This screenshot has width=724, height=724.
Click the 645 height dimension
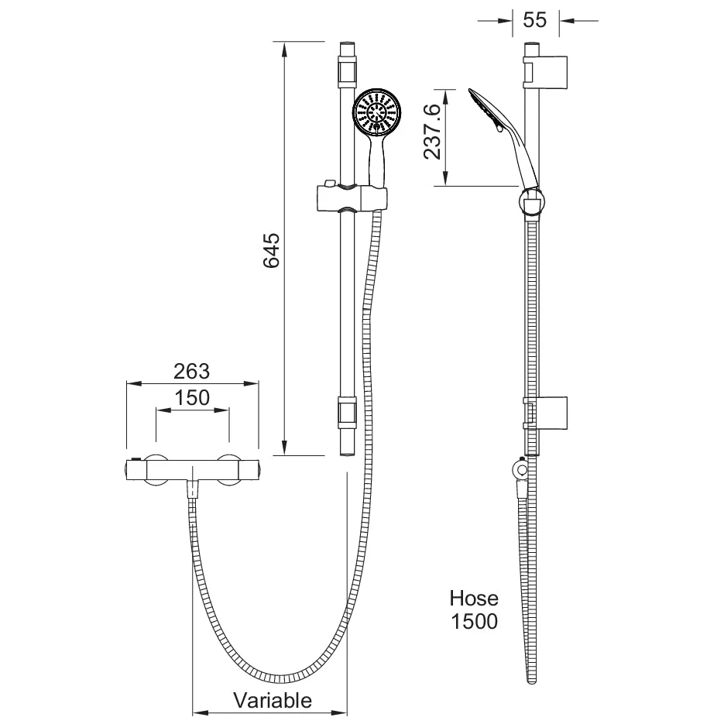(272, 249)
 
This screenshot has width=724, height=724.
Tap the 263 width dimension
(192, 371)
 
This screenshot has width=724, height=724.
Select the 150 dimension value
(192, 398)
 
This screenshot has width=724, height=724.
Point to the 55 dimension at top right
(535, 19)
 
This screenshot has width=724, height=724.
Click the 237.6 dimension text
(434, 132)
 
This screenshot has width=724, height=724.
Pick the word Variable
(273, 701)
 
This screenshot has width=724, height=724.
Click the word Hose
(474, 598)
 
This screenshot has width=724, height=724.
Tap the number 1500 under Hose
(474, 621)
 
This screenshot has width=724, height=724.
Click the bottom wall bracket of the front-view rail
(348, 413)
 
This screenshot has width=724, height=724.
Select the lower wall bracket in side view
(548, 413)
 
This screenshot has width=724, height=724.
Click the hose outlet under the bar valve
(192, 489)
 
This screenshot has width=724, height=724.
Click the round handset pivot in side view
(530, 206)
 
